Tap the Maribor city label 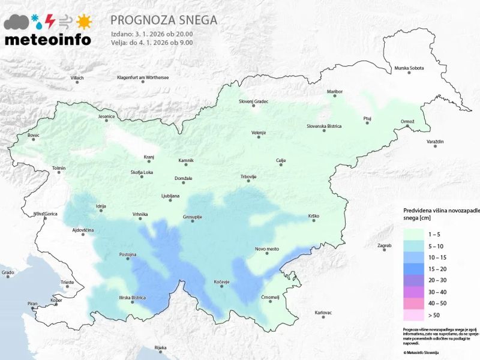pos(334,91)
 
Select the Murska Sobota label pos(409,68)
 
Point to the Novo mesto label pos(268,248)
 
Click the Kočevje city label pos(221,281)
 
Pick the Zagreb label pos(384,245)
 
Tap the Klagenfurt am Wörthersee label pos(143,78)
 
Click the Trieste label pos(67,282)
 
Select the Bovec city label pos(34,136)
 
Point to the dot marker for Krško pos(314,221)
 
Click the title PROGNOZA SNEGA pos(164,20)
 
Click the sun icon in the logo pos(84,22)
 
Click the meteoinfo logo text pos(48,40)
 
